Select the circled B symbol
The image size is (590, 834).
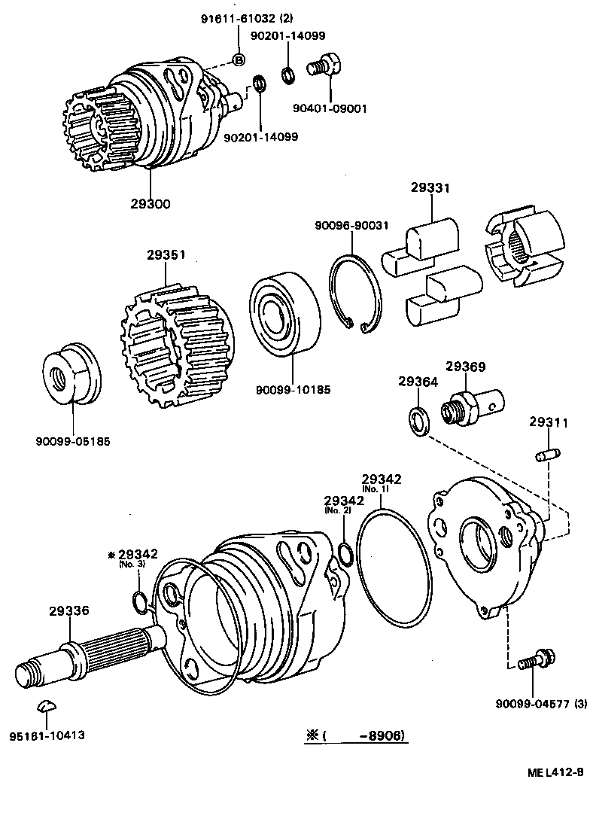[x=239, y=60]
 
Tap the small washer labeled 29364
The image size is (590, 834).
[x=419, y=422]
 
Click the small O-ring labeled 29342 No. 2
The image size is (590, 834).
[x=345, y=555]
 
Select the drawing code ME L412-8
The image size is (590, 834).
[x=555, y=772]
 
